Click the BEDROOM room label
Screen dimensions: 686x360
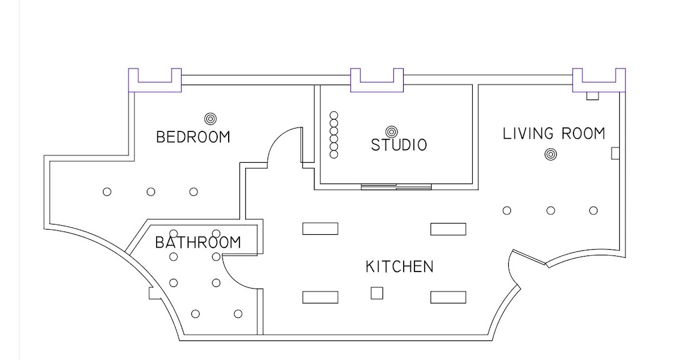point(193,137)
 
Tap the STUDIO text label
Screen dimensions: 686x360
point(399,145)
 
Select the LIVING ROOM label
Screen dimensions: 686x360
point(554,134)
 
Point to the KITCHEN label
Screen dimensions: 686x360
point(400,266)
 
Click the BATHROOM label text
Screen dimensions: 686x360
point(198,242)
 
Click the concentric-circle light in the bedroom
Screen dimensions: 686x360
point(210,119)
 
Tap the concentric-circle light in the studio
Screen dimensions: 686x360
point(392,132)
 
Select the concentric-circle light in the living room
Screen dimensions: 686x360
point(551,154)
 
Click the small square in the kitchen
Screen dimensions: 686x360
point(377,293)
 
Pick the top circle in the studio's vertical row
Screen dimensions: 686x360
point(334,115)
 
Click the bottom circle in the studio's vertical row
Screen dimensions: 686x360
point(334,154)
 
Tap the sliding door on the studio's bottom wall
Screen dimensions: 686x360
point(396,187)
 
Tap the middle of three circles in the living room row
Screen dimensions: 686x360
point(551,211)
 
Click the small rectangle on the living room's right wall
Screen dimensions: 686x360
point(615,153)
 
